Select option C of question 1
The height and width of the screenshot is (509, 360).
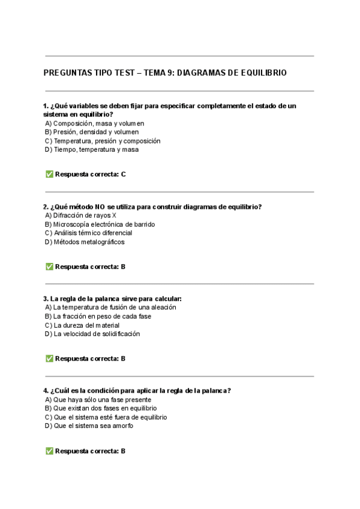[103, 141]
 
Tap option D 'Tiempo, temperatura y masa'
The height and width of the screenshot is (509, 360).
[92, 149]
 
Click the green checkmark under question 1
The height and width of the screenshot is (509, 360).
[49, 175]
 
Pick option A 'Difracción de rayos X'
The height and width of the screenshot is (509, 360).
[80, 215]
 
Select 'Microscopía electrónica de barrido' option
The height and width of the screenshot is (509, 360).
[100, 224]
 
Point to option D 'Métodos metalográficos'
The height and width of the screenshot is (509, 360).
[85, 242]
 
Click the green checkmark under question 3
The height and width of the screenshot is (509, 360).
[49, 359]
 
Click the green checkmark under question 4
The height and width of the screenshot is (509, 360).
[49, 451]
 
